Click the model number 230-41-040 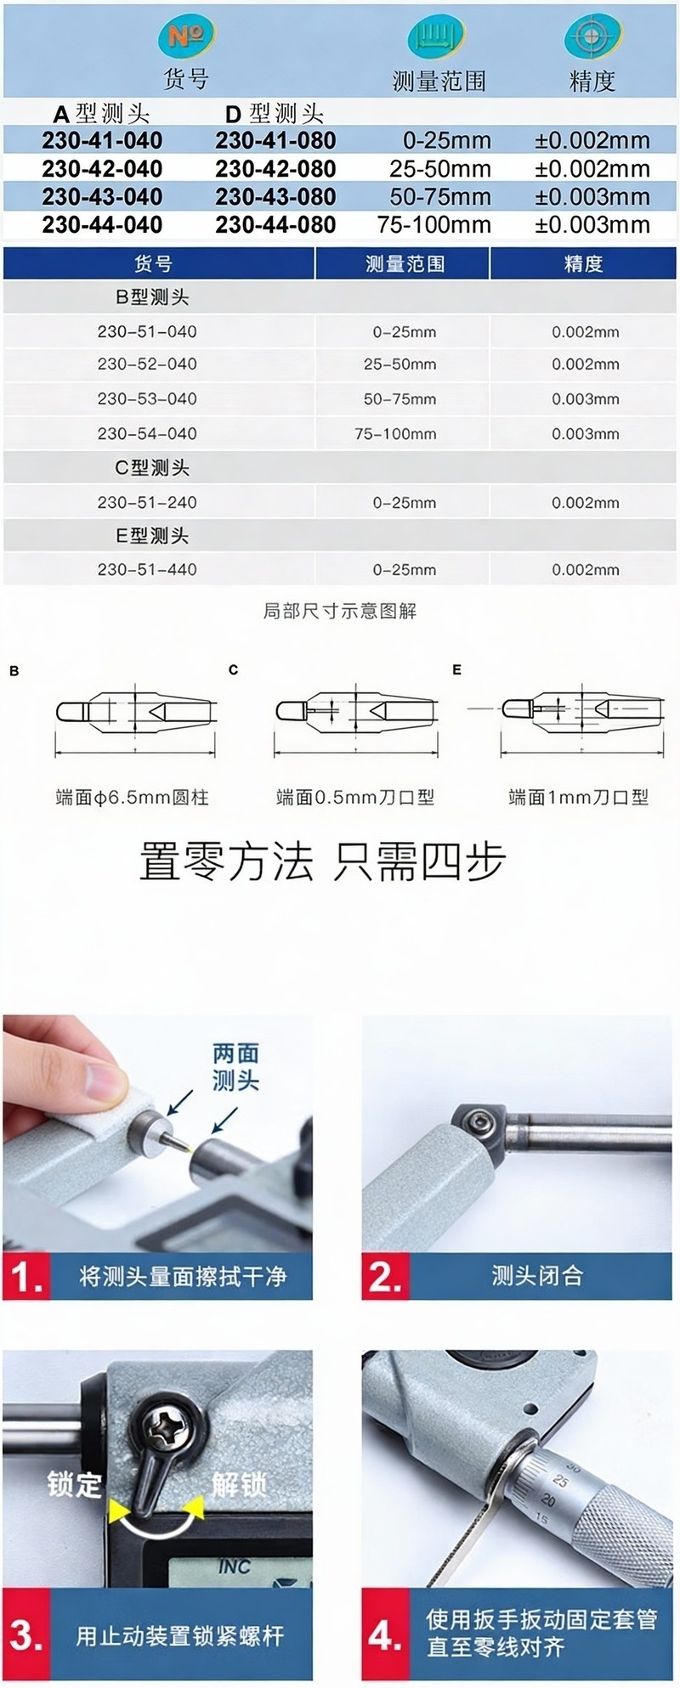[x=102, y=140]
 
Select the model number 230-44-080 [x=275, y=225]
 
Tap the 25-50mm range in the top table [x=440, y=169]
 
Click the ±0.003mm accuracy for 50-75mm [x=592, y=197]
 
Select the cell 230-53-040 [x=147, y=399]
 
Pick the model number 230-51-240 [x=147, y=502]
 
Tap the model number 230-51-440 [x=147, y=570]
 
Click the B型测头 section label [x=152, y=297]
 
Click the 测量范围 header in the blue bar [x=405, y=264]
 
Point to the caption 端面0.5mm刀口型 [x=355, y=797]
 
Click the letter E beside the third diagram [x=457, y=670]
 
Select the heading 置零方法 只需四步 [x=322, y=861]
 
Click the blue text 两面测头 [x=235, y=1067]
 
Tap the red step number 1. [x=26, y=1277]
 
